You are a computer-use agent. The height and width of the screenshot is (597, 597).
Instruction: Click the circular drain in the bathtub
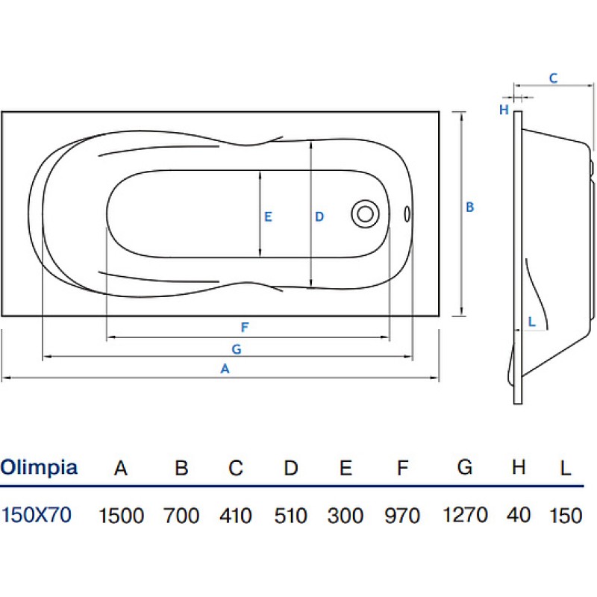coord(365,214)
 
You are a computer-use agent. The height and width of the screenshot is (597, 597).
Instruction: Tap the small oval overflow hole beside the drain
coord(407,214)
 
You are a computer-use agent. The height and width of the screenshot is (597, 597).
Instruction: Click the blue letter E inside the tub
coord(268,216)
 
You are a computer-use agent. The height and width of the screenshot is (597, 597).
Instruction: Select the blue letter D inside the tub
coord(319,216)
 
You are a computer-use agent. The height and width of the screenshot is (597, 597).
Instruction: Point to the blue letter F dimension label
coord(245,327)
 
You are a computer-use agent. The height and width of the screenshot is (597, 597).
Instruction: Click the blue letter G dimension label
coord(237,349)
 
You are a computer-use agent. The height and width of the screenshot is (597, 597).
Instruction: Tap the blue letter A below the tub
coord(225,369)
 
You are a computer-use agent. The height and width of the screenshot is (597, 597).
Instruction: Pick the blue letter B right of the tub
coord(470,207)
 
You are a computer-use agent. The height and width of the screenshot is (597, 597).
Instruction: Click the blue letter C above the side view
coord(553,78)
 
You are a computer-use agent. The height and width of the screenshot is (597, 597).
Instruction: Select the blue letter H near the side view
coord(504,110)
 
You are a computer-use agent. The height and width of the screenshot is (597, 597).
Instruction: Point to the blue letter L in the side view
coord(532,322)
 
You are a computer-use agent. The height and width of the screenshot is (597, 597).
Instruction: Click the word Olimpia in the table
coord(39,468)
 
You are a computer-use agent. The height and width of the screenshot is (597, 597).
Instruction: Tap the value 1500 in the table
coord(122,516)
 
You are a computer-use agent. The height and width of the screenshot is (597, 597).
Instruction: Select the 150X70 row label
coord(36,515)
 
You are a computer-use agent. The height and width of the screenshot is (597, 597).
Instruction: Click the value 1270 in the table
coord(465,515)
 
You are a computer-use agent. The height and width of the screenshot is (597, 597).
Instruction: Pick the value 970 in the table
coord(402,516)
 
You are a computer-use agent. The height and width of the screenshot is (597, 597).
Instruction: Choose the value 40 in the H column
coord(519,515)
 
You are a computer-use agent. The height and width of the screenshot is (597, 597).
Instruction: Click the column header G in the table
coord(465,467)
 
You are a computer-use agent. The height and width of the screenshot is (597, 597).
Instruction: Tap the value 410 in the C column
coord(236,516)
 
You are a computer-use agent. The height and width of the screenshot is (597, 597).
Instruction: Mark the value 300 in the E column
coord(346,516)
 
